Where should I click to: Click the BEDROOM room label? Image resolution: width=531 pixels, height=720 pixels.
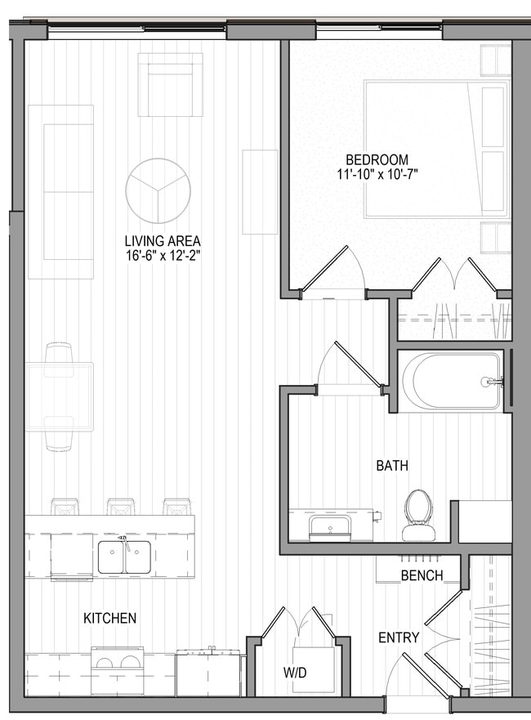pyautogui.click(x=377, y=159)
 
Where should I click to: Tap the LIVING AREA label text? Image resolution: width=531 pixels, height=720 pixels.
pyautogui.click(x=163, y=241)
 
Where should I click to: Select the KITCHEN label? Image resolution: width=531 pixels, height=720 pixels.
pyautogui.click(x=110, y=619)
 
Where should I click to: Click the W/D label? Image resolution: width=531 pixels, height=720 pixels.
pyautogui.click(x=295, y=673)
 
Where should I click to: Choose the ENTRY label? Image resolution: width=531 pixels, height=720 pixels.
pyautogui.click(x=399, y=637)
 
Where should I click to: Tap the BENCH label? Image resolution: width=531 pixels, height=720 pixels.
pyautogui.click(x=422, y=575)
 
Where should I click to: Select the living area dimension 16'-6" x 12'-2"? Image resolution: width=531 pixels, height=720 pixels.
pyautogui.click(x=163, y=256)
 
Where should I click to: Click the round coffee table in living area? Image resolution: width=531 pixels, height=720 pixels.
pyautogui.click(x=158, y=190)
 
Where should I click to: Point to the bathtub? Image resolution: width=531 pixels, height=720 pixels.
pyautogui.click(x=451, y=380)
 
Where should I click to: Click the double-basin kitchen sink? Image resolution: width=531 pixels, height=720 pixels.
pyautogui.click(x=124, y=557)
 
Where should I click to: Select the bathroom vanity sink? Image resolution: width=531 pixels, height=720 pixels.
pyautogui.click(x=329, y=526)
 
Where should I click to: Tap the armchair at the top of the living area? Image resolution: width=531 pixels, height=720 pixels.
pyautogui.click(x=170, y=84)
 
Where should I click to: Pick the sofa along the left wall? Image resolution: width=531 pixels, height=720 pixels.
pyautogui.click(x=60, y=192)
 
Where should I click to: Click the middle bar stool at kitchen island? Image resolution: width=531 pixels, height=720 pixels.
pyautogui.click(x=121, y=507)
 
